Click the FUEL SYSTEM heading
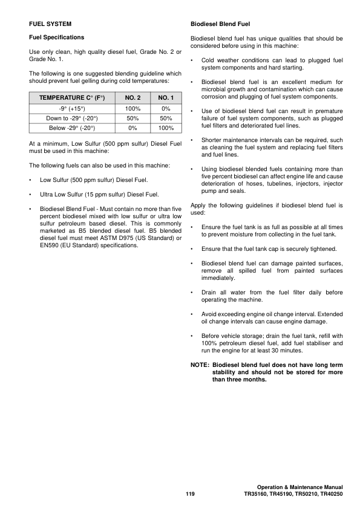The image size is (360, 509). pos(50,24)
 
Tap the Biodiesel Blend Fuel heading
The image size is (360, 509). pos(220,24)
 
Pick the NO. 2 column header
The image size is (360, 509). pos(133,97)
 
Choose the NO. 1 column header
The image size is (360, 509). pos(165,97)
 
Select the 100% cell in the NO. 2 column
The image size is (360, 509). pos(133,108)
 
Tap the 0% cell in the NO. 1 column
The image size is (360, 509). pos(165,108)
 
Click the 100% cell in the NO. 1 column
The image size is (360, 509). pos(165,128)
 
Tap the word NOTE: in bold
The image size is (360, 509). pos(200,365)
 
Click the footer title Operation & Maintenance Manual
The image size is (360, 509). pos(299,487)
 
